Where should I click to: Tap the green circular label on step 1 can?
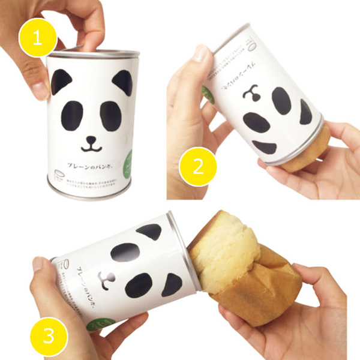pyautogui.click(x=130, y=167)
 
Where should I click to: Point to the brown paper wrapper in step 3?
pyautogui.click(x=270, y=294)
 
